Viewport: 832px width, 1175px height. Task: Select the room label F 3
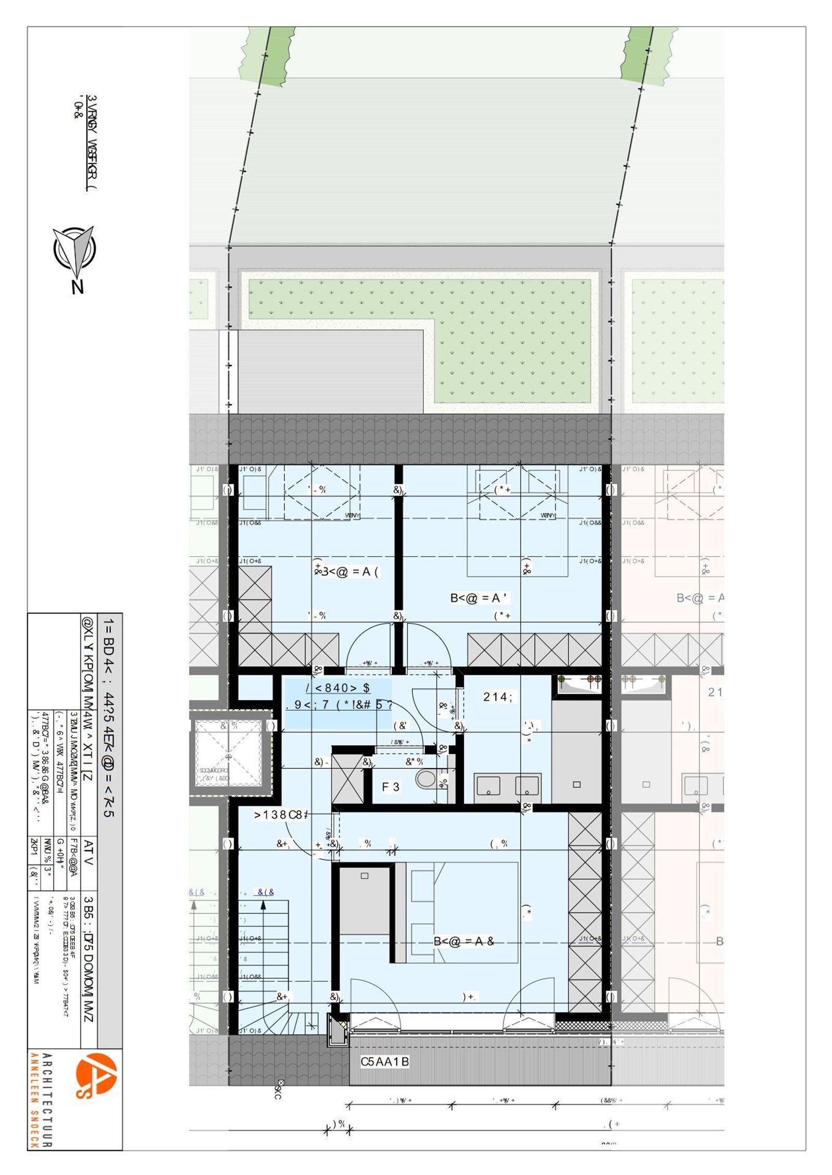[x=391, y=787]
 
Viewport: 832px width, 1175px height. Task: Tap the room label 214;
[x=497, y=697]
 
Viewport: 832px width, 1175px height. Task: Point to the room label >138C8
[x=280, y=815]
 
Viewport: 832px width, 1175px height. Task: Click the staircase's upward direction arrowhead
[x=263, y=905]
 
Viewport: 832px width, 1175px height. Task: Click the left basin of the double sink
[x=488, y=786]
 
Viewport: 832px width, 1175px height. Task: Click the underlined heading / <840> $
[x=338, y=688]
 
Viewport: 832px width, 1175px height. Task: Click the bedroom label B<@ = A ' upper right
[x=479, y=598]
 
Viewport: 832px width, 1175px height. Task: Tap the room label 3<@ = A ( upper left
[x=347, y=572]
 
